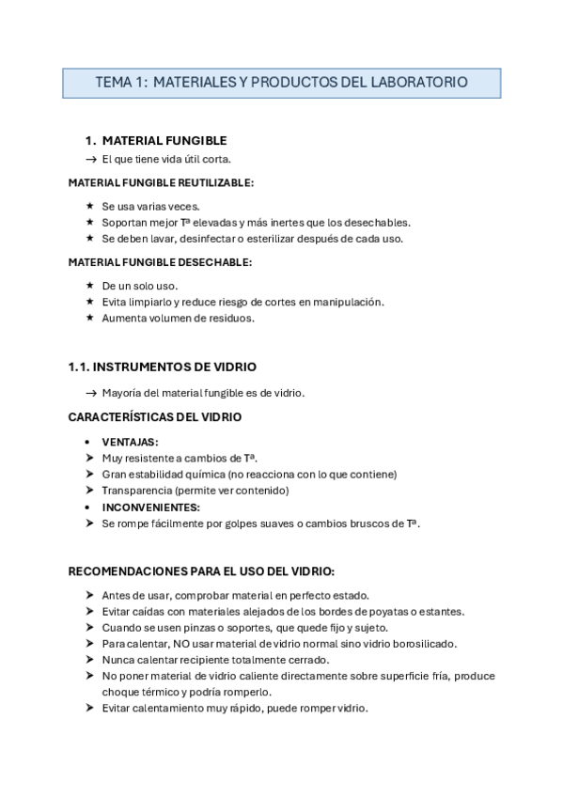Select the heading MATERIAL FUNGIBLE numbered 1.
[x=164, y=140]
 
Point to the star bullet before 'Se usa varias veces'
[x=89, y=206]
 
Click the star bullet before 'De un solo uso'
[x=89, y=286]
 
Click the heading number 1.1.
[x=79, y=367]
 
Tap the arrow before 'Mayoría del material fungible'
[x=91, y=393]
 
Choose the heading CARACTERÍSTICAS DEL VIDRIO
[x=155, y=416]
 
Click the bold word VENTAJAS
[x=130, y=442]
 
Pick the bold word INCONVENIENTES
[x=150, y=507]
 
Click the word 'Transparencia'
[x=138, y=491]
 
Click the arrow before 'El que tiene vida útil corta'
[x=91, y=159]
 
